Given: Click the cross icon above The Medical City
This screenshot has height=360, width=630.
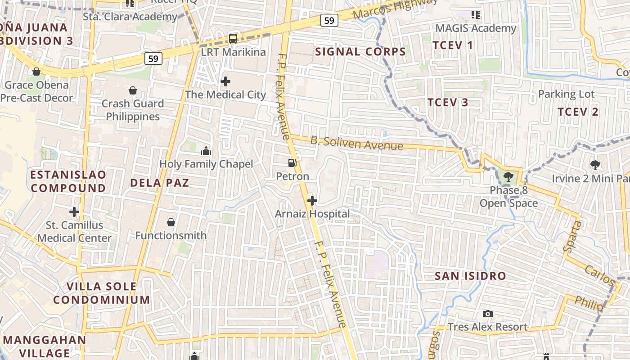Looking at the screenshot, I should click(x=225, y=81).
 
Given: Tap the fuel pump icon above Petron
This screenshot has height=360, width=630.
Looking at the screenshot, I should click(x=292, y=163).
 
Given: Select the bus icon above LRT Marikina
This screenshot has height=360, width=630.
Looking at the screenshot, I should click(x=233, y=39).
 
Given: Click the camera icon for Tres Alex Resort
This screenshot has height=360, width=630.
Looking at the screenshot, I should click(x=487, y=314).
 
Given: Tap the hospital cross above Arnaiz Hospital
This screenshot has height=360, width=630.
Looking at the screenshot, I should click(x=312, y=201).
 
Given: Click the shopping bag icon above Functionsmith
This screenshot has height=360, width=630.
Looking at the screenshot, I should click(x=171, y=222).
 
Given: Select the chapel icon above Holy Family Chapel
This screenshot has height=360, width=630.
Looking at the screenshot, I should click(x=206, y=151).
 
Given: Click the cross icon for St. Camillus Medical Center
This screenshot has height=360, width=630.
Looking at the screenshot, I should click(x=74, y=211).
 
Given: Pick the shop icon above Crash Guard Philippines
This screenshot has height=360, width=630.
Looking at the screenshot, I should click(x=133, y=90).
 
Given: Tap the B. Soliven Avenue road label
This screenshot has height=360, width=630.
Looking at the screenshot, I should click(x=356, y=143).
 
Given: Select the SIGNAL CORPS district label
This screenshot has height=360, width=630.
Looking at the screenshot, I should click(x=360, y=52).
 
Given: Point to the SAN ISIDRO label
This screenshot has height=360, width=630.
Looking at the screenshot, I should click(x=470, y=276).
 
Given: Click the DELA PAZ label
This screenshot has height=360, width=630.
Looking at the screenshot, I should click(x=159, y=183).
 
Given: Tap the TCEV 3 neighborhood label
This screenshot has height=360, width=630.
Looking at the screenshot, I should click(x=448, y=102).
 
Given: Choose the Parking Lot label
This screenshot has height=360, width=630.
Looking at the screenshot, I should click(x=567, y=94).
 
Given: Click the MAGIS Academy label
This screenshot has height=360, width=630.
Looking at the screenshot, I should click(x=476, y=28).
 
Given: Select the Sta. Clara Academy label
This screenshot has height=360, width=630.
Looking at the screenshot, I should click(x=130, y=17).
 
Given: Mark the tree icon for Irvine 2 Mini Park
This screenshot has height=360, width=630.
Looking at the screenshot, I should click(x=595, y=165).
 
